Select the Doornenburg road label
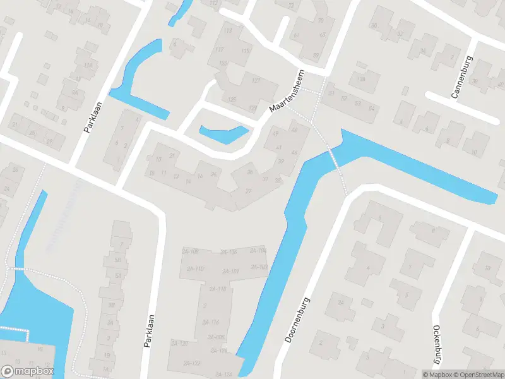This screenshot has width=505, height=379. tap(298, 320)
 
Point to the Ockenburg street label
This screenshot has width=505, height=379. tap(436, 344)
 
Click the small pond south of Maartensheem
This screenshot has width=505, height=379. tap(223, 133)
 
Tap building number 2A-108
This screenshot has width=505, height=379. tap(190, 251)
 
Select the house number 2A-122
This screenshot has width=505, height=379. tap(192, 363)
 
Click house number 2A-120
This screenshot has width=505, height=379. tap(179, 343)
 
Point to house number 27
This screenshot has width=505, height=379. tap(249, 191)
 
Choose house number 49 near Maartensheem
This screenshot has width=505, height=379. tap(275, 133)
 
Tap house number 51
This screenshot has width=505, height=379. tap(331, 93)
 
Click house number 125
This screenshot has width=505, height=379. tap(232, 100)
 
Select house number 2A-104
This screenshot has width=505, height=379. tap(258, 251)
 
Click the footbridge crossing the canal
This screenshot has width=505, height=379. tap(335, 159)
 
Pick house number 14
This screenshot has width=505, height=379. tap(187, 181)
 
